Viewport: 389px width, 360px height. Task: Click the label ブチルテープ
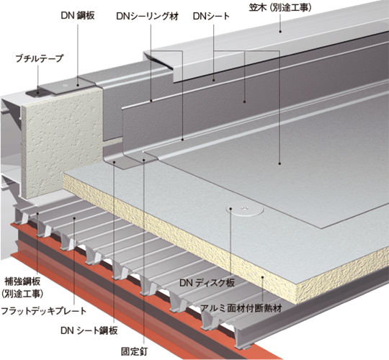[40, 58]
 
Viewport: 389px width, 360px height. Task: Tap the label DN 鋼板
[78, 16]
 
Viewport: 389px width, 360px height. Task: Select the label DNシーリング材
[148, 17]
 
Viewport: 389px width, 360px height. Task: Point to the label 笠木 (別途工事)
[280, 8]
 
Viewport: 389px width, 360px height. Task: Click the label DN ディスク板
[207, 283]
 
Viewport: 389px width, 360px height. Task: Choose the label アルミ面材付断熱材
[241, 308]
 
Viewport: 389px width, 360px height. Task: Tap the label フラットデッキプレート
[44, 310]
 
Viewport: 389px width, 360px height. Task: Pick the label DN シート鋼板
[89, 330]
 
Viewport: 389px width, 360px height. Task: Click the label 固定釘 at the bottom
[134, 351]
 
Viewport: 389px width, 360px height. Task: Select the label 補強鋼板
[22, 282]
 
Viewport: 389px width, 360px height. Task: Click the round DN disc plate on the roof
[245, 209]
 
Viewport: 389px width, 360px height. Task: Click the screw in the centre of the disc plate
[246, 208]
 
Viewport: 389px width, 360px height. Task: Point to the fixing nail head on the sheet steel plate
[144, 159]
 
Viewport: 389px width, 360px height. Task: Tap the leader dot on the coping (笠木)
[280, 31]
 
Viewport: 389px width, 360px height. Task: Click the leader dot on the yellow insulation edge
[262, 277]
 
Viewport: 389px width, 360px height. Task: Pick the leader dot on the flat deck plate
[74, 218]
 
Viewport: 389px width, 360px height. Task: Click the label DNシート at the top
[211, 17]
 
